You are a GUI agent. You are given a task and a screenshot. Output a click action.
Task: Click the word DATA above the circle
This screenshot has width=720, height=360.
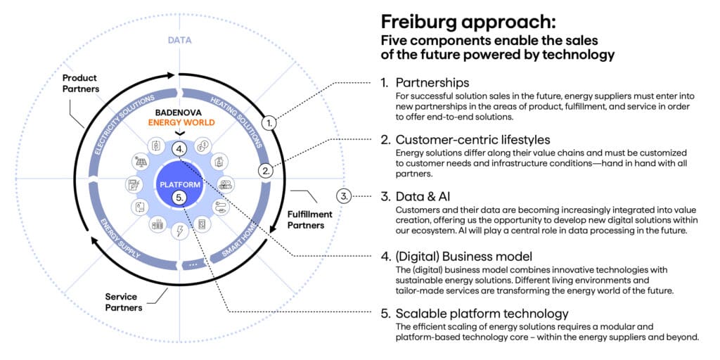179,40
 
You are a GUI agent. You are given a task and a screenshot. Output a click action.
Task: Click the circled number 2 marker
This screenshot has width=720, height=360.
266,170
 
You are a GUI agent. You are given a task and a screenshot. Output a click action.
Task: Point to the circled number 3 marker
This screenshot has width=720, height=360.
343,195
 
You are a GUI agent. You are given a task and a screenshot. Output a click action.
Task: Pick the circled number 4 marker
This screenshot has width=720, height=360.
180,149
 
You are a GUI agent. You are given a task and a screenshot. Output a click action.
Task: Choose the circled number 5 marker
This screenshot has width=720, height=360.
180,198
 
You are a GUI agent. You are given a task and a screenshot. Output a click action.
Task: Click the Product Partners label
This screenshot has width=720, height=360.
81,83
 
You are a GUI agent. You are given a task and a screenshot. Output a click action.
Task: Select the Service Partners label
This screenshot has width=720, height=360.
122,302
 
